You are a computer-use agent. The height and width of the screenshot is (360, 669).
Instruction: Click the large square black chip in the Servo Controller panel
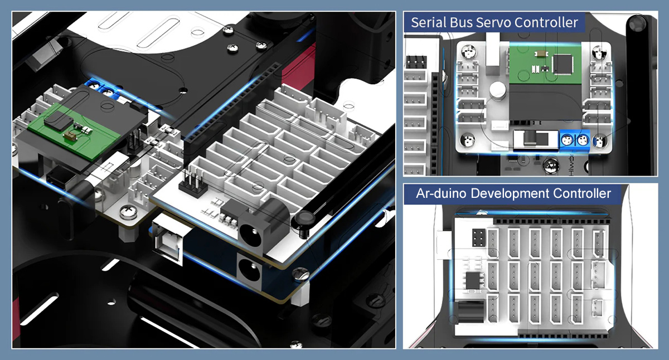563,64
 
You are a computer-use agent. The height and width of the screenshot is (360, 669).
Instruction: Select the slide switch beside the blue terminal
536,140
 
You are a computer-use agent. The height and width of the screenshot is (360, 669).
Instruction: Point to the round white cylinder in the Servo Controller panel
497,89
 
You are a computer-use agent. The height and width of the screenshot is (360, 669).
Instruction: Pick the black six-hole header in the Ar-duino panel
479,237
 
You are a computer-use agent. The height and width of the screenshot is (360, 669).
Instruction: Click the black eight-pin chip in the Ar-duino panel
474,280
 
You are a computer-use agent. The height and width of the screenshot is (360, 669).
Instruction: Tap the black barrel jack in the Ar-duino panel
471,312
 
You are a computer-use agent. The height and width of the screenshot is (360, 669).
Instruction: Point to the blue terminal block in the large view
102,87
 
